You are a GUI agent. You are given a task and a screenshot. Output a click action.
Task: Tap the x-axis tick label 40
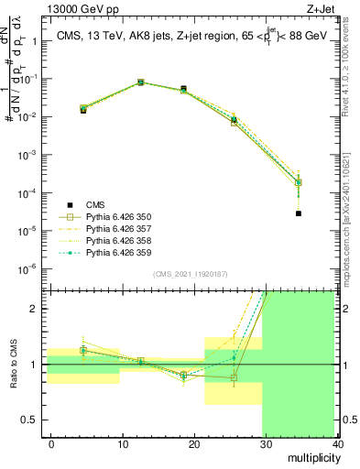click(339, 443)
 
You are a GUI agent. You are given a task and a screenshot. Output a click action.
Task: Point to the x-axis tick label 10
click(123, 443)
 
